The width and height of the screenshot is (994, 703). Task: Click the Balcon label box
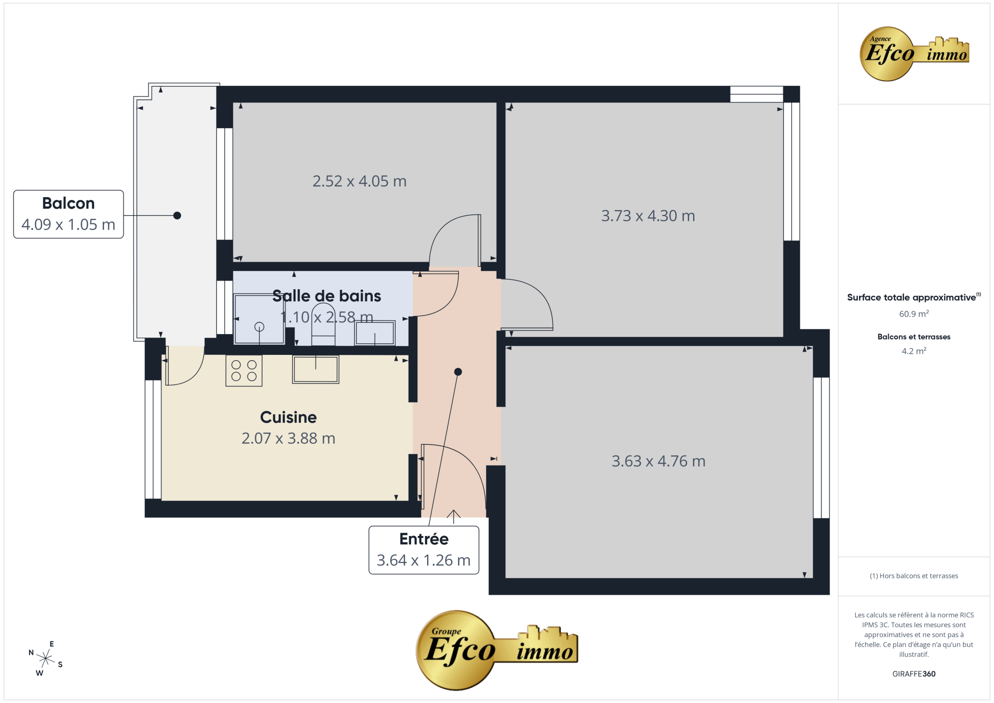68,214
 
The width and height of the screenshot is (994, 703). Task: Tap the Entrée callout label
424,550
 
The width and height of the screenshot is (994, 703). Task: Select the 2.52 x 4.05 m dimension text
360,181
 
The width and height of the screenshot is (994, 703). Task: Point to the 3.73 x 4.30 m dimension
648,216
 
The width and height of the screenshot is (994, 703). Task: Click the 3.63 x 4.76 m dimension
659,461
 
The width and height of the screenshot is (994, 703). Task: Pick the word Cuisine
288,417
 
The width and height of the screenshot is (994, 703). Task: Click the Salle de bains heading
327,296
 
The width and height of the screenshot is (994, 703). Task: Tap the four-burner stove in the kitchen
244,371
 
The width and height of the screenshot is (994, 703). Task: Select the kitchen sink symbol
315,369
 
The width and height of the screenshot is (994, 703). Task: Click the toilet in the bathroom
323,324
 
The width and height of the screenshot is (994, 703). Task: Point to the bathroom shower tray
259,319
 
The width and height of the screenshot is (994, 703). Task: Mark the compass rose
46,659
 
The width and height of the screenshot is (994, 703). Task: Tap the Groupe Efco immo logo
497,650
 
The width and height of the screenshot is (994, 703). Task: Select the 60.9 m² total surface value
914,314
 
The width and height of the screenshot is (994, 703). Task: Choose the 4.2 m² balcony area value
914,351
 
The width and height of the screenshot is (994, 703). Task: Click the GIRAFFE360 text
914,674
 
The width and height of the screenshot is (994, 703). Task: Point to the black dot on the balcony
177,216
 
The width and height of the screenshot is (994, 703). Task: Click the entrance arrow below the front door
453,517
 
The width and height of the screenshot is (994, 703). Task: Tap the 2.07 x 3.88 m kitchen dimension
288,438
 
